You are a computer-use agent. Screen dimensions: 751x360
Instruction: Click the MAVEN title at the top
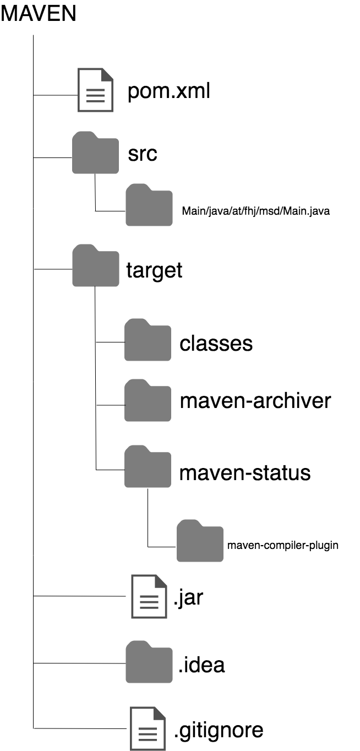39,14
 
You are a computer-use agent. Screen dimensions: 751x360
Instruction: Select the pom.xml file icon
95,90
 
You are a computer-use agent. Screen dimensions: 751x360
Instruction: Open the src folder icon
95,153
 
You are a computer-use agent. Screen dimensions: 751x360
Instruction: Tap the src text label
143,154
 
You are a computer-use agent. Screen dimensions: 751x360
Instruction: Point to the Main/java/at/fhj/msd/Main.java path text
255,211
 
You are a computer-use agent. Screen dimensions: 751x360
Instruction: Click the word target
154,270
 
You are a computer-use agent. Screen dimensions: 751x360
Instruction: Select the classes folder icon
148,340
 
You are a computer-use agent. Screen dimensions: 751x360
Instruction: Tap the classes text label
216,343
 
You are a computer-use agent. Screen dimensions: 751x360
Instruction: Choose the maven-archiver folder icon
148,401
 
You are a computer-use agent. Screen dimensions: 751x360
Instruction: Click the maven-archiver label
255,401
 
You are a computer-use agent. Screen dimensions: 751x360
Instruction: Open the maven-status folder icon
148,467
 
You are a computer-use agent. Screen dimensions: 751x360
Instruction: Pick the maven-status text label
245,472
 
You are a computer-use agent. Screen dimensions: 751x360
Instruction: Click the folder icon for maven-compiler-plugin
200,541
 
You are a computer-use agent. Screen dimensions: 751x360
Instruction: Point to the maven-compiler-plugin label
282,546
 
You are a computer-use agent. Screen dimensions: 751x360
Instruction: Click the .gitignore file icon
148,728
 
